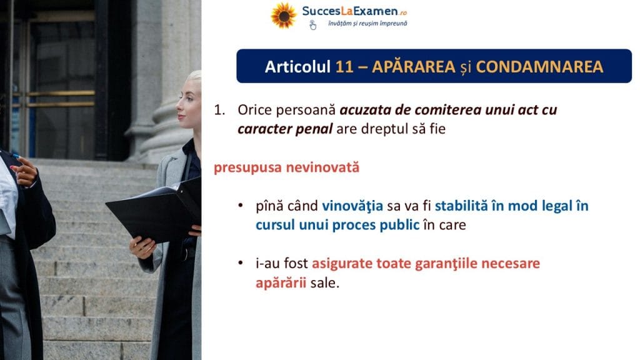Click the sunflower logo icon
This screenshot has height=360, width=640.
[x=283, y=16]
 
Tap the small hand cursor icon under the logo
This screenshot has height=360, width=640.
[x=312, y=25]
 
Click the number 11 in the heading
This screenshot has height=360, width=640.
[x=344, y=66]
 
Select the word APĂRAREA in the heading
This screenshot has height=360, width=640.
[x=413, y=66]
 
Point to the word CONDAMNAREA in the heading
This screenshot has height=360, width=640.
[x=539, y=66]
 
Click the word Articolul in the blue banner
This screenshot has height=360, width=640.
[x=297, y=66]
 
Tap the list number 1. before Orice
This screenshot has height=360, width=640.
[x=219, y=110]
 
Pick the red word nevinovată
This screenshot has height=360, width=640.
[x=322, y=167]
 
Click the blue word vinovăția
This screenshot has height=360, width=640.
[x=352, y=206]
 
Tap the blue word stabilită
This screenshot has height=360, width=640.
[x=461, y=206]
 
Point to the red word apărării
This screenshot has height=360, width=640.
[x=281, y=282]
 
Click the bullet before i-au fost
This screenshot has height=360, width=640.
[x=241, y=263]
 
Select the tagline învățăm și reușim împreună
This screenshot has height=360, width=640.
[x=367, y=23]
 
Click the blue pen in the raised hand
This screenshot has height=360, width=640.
[x=15, y=156]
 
